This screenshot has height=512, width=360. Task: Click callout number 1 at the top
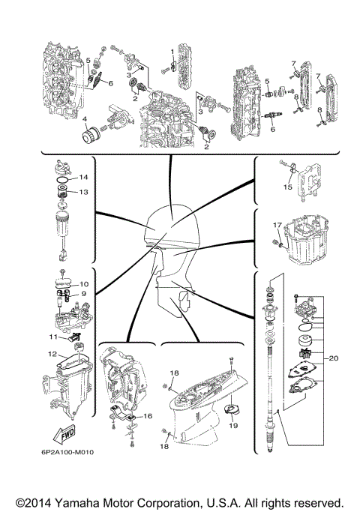pos(172,51)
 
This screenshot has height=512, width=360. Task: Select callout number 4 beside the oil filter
pos(85,119)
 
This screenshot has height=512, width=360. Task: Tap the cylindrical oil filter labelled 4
pos(93,138)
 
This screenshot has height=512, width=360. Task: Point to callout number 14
pos(84,177)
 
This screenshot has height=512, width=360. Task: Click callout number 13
pos(84,192)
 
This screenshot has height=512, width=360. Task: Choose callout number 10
pos(84,284)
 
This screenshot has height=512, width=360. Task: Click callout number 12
pos(53,354)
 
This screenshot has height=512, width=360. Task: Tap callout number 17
pos(277,224)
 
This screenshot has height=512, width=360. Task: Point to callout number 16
pos(148,415)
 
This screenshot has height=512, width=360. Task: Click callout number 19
pos(233,425)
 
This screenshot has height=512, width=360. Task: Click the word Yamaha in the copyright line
pos(89,502)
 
